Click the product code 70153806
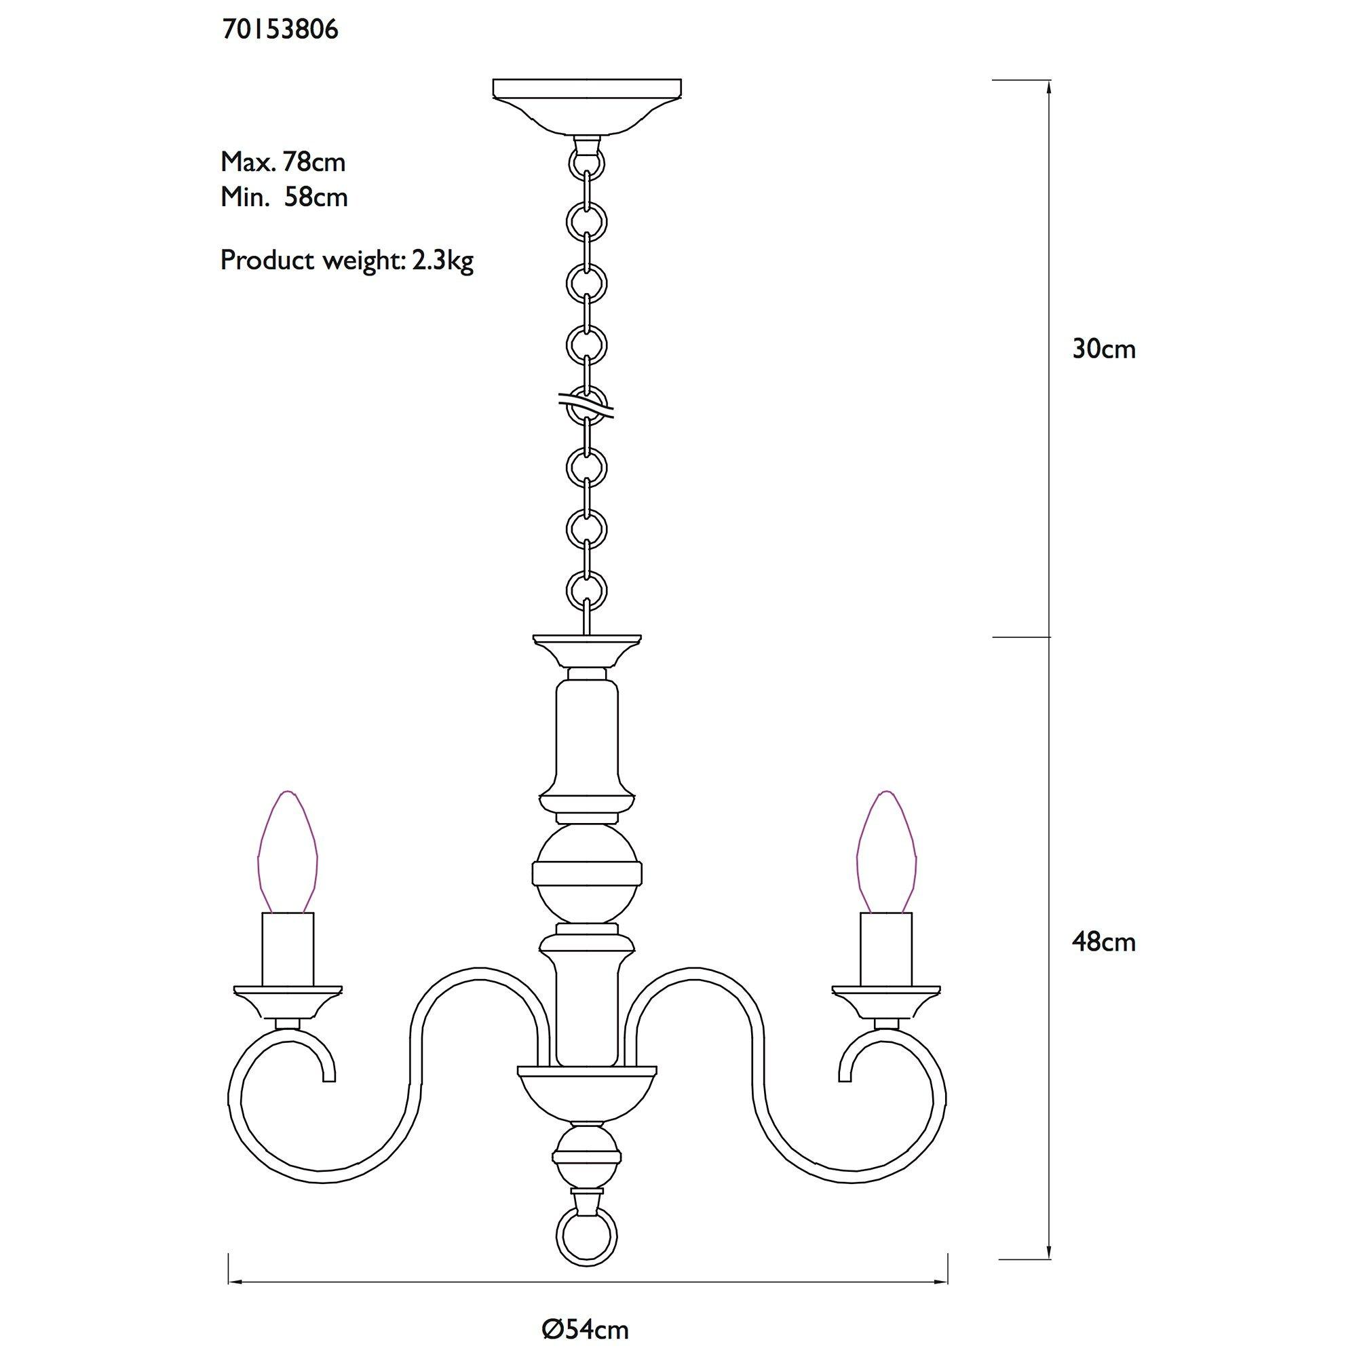tap(280, 29)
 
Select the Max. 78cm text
tap(283, 162)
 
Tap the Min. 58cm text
tap(284, 197)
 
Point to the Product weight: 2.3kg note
tap(347, 261)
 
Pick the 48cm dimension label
tap(1103, 942)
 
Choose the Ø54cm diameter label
tap(585, 1310)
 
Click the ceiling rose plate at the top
tap(586, 105)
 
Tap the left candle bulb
tap(287, 852)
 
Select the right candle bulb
tap(885, 852)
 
